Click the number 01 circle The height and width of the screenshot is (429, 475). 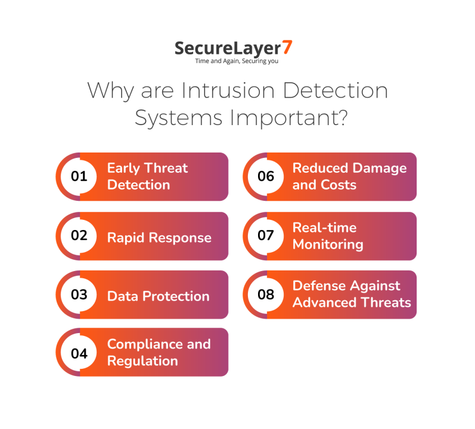[79, 176]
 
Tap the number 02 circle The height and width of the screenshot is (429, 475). [79, 235]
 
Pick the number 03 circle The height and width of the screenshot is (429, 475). [79, 294]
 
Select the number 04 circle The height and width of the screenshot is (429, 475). [79, 353]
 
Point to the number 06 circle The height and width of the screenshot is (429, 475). [266, 176]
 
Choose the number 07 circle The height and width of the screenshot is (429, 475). [266, 235]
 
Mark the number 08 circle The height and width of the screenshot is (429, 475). [266, 294]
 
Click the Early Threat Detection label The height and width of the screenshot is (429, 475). [147, 176]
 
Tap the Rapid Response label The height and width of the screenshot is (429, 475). [159, 238]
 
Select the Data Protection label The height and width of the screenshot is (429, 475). [158, 296]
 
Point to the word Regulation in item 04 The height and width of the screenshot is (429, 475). [142, 361]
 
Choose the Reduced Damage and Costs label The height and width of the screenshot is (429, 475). [349, 176]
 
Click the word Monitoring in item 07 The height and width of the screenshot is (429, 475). [328, 244]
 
